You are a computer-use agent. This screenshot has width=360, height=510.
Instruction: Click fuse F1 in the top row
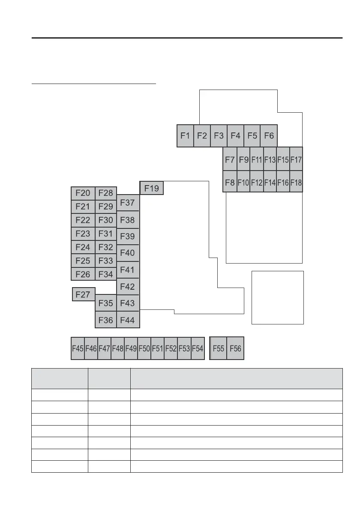click(x=185, y=136)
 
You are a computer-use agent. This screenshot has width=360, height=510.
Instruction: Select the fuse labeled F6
click(x=269, y=136)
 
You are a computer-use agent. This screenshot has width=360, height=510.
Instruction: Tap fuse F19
click(x=152, y=188)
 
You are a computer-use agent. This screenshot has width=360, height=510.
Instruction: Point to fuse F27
click(x=83, y=294)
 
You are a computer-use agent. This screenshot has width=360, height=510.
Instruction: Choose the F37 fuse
click(x=128, y=203)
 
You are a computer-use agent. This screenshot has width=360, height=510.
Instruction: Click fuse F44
click(x=128, y=320)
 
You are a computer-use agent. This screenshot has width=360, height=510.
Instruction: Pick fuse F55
click(x=219, y=348)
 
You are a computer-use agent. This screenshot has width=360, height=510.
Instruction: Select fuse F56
click(x=235, y=348)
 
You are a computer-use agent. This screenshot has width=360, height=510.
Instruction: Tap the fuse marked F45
click(x=78, y=348)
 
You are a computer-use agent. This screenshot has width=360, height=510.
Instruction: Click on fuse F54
click(x=198, y=348)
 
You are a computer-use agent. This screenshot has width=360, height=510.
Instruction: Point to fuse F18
click(x=296, y=182)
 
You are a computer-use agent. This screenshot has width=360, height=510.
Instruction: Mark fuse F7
click(x=230, y=160)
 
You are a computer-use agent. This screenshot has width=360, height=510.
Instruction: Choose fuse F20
click(x=83, y=193)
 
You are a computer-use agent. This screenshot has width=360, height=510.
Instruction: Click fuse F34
click(x=105, y=274)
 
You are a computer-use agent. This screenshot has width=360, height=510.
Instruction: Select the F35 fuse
click(x=105, y=303)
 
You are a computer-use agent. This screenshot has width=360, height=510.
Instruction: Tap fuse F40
click(x=128, y=253)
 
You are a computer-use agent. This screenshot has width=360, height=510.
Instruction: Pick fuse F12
click(x=256, y=182)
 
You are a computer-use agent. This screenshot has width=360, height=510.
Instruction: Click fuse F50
click(x=144, y=348)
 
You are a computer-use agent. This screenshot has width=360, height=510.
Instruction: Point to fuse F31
click(x=105, y=234)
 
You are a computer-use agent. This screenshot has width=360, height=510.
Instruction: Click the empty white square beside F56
click(x=277, y=297)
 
